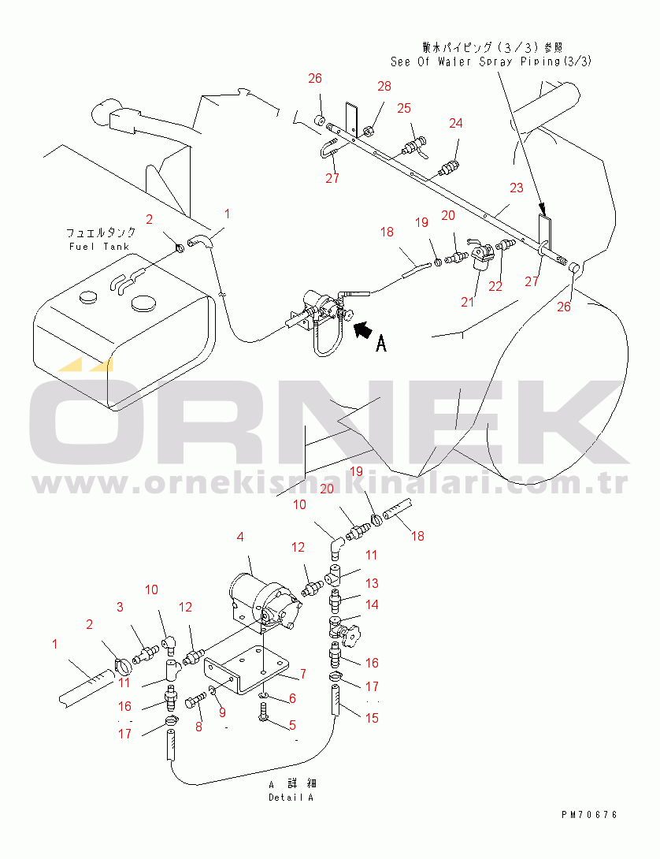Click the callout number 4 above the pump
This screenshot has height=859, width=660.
coord(240,537)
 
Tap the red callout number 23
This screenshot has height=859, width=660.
coord(517,188)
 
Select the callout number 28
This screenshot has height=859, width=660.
coord(384,86)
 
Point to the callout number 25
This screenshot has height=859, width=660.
coord(404,108)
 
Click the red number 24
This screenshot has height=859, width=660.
coord(456,123)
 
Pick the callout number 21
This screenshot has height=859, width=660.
coord(467,302)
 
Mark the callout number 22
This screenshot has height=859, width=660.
coord(495,287)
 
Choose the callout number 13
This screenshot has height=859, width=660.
coord(372,583)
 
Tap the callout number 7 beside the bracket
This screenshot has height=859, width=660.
coord(303,674)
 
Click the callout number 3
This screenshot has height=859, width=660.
coord(120,607)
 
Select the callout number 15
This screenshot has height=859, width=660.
coord(372,718)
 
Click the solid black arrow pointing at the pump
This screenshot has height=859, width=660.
coord(363,329)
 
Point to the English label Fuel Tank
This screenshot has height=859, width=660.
coord(99,247)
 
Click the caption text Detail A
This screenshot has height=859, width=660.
coord(291,798)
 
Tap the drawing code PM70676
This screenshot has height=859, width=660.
coord(589,815)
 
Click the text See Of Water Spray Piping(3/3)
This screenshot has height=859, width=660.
coord(491,61)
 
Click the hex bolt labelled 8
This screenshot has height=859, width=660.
coord(195,701)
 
